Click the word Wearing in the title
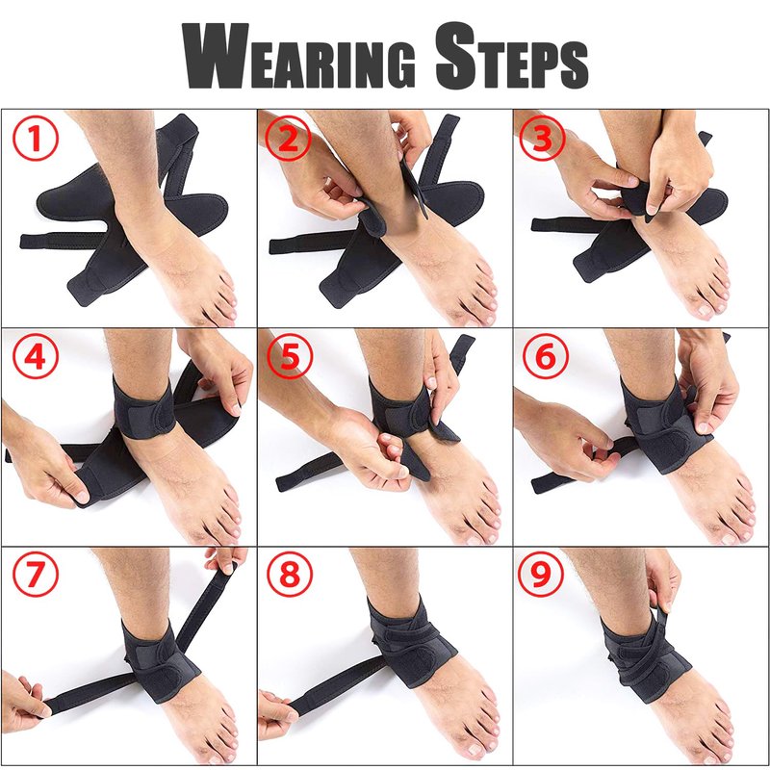(x=298, y=57)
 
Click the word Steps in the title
(x=512, y=56)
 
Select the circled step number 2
(x=288, y=139)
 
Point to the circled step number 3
(x=542, y=138)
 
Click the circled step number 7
(x=36, y=573)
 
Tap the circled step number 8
(x=290, y=573)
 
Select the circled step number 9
(x=542, y=573)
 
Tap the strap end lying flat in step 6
(x=540, y=485)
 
